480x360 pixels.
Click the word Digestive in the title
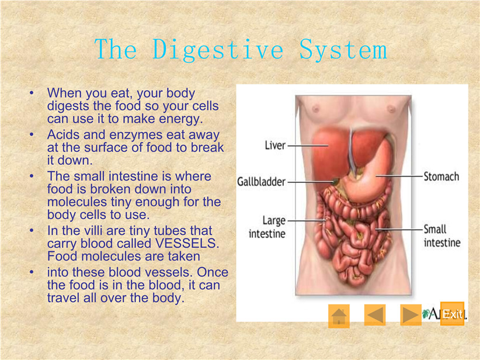(x=218, y=50)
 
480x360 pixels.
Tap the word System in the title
(x=343, y=50)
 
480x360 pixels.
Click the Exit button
(x=452, y=314)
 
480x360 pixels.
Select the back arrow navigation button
(x=375, y=314)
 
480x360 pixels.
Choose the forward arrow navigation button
(x=411, y=314)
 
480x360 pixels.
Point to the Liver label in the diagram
(x=275, y=145)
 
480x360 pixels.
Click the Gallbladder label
(x=261, y=182)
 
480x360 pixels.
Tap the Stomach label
(x=441, y=176)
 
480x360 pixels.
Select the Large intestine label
(x=267, y=227)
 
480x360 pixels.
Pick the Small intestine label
(x=442, y=236)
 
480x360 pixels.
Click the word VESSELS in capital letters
(x=187, y=243)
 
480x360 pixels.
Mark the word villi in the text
(x=93, y=230)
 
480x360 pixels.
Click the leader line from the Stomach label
(x=399, y=176)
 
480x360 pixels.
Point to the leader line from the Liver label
(x=308, y=146)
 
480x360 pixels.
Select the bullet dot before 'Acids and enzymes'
(x=32, y=134)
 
